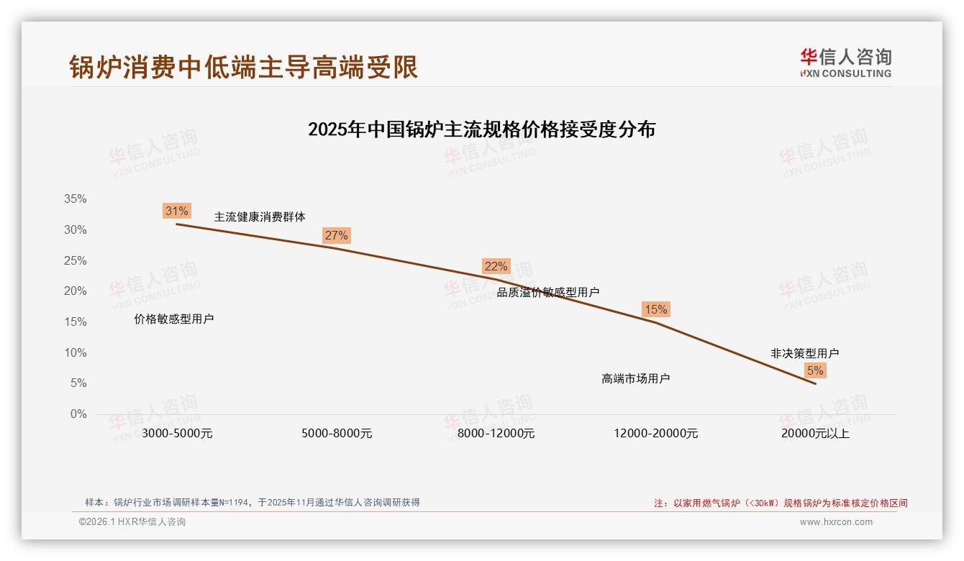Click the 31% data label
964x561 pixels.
point(176,211)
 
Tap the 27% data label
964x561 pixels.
point(336,235)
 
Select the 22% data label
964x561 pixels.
point(496,266)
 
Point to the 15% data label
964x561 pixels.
point(655,309)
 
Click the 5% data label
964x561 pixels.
point(815,370)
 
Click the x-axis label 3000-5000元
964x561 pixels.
point(177,433)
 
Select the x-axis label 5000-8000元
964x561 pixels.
point(337,433)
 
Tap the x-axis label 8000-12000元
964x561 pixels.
point(496,433)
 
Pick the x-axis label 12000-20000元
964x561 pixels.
point(655,433)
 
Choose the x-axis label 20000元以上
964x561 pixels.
point(815,433)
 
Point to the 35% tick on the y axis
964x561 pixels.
point(75,199)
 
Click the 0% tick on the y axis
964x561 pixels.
point(78,414)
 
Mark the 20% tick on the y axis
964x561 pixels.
point(75,291)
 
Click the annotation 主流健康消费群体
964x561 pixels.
point(260,216)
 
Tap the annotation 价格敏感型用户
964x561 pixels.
point(174,319)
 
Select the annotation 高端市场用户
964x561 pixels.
point(636,378)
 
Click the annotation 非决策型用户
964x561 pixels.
point(804,353)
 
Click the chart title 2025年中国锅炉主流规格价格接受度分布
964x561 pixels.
point(481,129)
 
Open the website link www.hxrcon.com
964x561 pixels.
point(836,522)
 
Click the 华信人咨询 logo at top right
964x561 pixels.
point(845,63)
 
